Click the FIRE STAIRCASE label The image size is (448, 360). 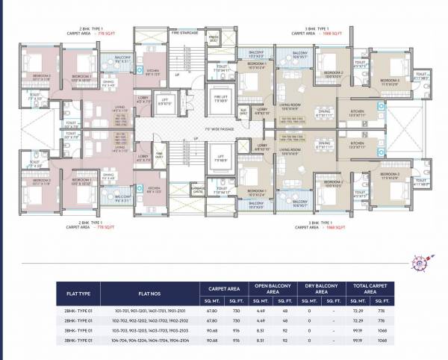pos(184,32)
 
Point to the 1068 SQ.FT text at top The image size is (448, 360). pos(323,34)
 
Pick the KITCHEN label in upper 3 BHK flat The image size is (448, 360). pos(356,111)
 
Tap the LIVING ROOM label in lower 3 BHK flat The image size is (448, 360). pos(289,150)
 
